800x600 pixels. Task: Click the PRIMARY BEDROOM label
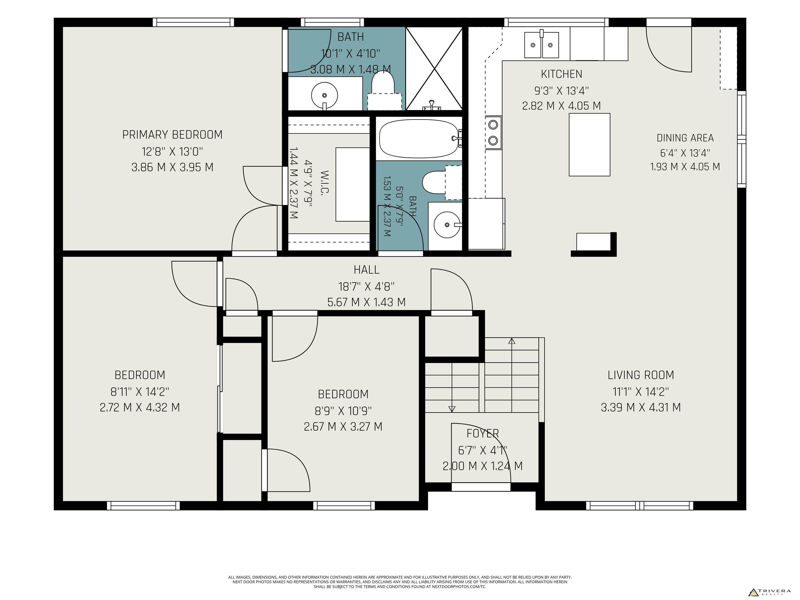point(172,135)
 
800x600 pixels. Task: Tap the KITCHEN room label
point(562,74)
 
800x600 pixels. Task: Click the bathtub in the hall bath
point(420,139)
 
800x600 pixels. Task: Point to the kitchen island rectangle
point(590,145)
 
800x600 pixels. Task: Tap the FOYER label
point(483,433)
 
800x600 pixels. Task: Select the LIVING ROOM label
point(641,375)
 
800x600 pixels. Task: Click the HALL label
point(366,270)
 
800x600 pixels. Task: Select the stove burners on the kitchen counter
point(493,132)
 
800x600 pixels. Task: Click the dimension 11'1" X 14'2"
point(641,392)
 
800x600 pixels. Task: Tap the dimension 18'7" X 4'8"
point(366,287)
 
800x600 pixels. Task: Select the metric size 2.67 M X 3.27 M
point(343,427)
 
